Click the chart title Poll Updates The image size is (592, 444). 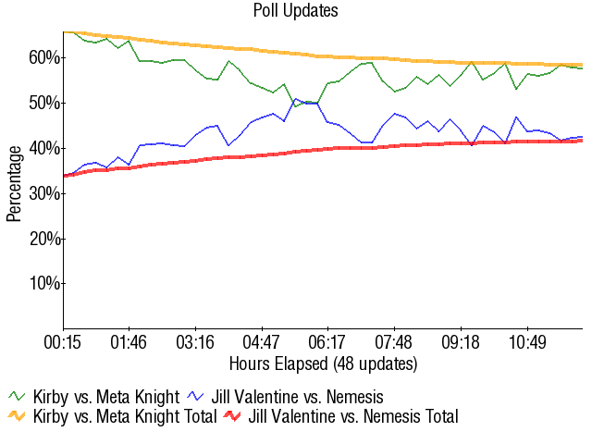click(295, 11)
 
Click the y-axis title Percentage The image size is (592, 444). click(14, 182)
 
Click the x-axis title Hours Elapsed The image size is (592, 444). click(323, 363)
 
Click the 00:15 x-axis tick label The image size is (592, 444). click(64, 341)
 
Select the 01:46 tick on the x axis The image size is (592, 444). click(129, 341)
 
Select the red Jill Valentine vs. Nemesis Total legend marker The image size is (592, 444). click(234, 417)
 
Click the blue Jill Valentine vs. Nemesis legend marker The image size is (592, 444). click(197, 397)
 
